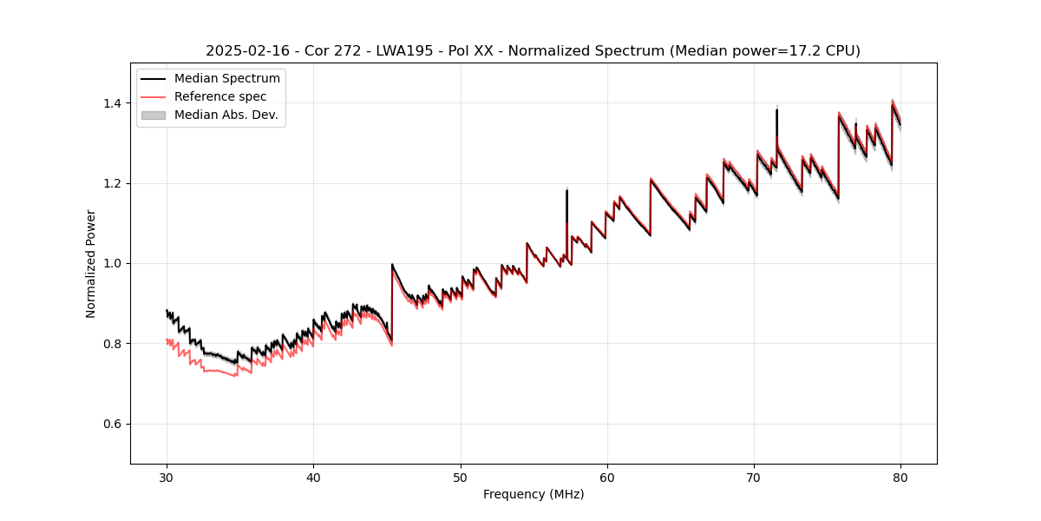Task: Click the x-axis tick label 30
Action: click(x=167, y=477)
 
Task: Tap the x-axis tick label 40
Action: click(x=313, y=477)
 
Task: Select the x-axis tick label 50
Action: click(x=460, y=477)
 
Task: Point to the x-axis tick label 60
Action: click(x=607, y=477)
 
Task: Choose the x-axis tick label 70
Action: click(x=754, y=477)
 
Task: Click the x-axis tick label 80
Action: click(x=900, y=477)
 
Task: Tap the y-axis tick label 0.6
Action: click(x=112, y=424)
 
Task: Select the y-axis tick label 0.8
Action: click(x=112, y=344)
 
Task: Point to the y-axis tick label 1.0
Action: click(x=112, y=263)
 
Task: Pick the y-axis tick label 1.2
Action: click(x=112, y=183)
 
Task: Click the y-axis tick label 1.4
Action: click(x=112, y=103)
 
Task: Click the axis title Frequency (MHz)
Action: click(x=534, y=494)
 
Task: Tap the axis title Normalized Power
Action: click(x=91, y=263)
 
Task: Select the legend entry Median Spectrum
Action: click(x=226, y=79)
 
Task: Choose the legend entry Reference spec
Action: click(x=220, y=96)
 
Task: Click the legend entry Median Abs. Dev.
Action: click(x=226, y=115)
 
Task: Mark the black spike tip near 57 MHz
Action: click(x=566, y=190)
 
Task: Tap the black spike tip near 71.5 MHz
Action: click(x=776, y=109)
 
